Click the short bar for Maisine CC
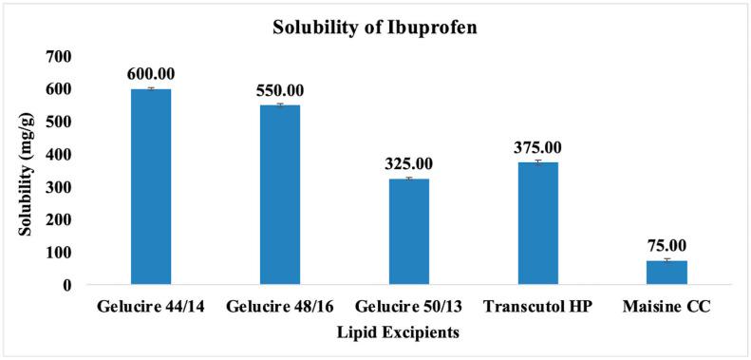pyautogui.click(x=667, y=273)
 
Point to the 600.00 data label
pyautogui.click(x=151, y=74)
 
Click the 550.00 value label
pyautogui.click(x=280, y=90)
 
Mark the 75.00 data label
pyautogui.click(x=667, y=245)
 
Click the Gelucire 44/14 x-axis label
pyautogui.click(x=151, y=308)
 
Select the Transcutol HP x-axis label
pyautogui.click(x=538, y=308)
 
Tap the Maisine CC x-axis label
pyautogui.click(x=667, y=308)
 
